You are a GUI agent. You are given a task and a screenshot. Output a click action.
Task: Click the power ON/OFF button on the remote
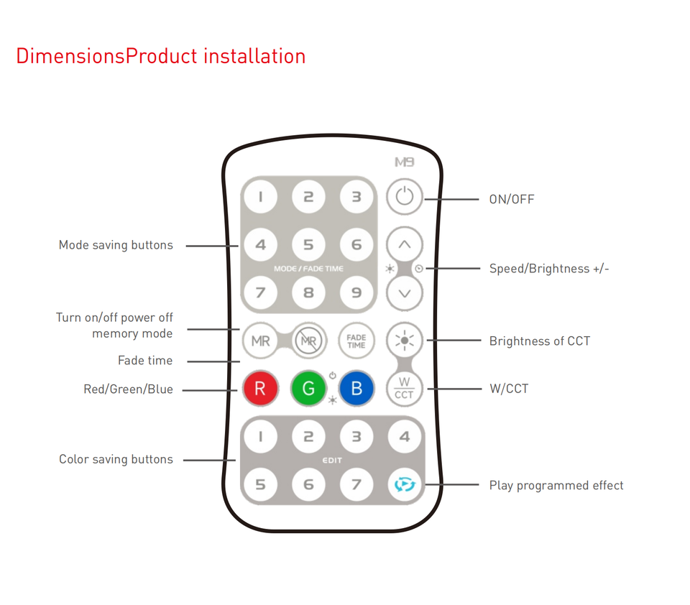405,196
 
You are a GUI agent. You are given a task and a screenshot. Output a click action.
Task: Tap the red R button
260,389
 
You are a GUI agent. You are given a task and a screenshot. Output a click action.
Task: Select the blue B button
356,389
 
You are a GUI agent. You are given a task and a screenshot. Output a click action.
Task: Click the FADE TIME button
356,341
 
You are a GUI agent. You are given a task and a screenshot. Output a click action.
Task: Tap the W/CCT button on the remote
405,389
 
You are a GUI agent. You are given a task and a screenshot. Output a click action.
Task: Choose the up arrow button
405,244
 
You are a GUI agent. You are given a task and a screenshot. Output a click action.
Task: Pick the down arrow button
405,292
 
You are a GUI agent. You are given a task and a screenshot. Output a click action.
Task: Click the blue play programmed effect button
405,485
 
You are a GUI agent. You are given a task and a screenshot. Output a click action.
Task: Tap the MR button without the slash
260,341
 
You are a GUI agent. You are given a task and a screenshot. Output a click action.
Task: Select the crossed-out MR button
308,341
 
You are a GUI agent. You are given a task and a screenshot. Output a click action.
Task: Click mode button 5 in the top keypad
308,244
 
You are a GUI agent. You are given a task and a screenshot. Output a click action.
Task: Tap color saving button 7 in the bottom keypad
356,485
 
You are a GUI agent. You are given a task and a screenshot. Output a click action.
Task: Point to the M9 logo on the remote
405,163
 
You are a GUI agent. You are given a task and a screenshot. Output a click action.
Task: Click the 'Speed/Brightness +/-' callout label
549,269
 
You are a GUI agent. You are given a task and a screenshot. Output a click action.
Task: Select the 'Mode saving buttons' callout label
116,245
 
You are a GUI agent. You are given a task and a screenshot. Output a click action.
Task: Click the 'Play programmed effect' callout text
556,486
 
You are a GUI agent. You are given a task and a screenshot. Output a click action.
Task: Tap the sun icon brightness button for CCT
405,341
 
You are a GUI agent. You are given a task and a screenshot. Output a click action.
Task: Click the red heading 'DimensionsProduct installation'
161,56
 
